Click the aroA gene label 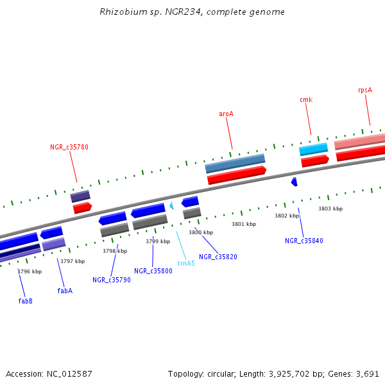226,114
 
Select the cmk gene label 305,99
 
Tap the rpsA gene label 364,90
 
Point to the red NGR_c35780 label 69,147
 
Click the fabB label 25,301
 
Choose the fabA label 65,291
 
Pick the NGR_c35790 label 111,280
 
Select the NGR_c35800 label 153,271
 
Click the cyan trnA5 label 186,263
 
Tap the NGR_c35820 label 218,257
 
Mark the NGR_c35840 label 304,241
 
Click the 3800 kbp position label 200,232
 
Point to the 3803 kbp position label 330,209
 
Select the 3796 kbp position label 30,271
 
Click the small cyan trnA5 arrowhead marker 171,205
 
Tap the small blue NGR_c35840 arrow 294,182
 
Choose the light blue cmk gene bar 314,149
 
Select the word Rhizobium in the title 119,12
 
